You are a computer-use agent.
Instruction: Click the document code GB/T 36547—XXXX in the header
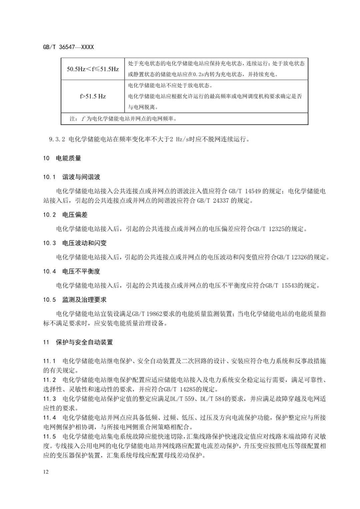[x=68, y=47]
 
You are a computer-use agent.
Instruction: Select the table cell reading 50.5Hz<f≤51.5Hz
[x=93, y=69]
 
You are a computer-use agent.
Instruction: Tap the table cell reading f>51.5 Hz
[x=93, y=96]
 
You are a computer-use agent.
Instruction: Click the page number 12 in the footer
[x=46, y=472]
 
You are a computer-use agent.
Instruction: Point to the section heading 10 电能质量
[x=62, y=158]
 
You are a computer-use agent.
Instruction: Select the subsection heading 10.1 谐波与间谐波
[x=71, y=177]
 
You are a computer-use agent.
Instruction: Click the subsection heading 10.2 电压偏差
[x=65, y=215]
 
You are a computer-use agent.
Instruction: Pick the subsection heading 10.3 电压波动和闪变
[x=75, y=243]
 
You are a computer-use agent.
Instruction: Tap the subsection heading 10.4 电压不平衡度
[x=71, y=271]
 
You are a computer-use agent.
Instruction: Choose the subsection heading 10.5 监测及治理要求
[x=75, y=300]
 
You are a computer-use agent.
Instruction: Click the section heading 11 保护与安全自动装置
[x=78, y=342]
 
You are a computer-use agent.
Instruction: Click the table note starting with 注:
[x=123, y=119]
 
